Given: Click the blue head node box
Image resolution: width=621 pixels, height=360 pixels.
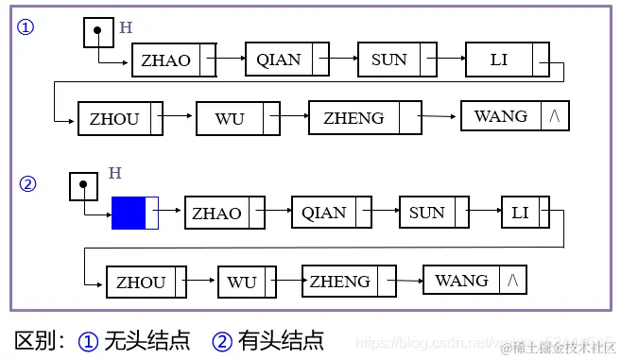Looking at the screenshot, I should click(129, 213).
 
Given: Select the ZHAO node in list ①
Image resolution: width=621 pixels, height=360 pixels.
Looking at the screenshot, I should click(166, 60).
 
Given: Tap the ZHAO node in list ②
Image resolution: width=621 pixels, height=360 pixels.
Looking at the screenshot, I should click(216, 213).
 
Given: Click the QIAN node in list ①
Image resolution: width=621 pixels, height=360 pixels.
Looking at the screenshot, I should click(279, 60).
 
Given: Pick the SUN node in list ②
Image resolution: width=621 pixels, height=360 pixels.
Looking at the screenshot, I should click(426, 213).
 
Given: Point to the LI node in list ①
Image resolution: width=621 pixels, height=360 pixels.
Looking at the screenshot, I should click(499, 60).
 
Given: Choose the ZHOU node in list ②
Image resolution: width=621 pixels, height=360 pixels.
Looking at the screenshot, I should click(141, 283).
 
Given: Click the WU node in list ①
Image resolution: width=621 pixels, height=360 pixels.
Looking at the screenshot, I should click(229, 118).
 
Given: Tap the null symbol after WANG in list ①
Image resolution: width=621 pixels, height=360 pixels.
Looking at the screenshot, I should click(555, 116).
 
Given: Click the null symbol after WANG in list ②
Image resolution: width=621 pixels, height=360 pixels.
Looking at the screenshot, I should click(513, 281).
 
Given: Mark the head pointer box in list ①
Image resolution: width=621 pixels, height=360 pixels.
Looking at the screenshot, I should click(98, 33).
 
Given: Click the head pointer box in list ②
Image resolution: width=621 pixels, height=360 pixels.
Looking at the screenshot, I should click(84, 185).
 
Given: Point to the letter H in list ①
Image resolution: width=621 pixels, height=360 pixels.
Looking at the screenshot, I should click(126, 27).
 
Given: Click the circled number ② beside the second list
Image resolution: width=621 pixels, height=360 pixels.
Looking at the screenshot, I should click(27, 184).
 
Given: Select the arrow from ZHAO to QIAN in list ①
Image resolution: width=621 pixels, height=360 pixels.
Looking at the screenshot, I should click(231, 60).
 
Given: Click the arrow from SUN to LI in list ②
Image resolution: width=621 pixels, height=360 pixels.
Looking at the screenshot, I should click(484, 213).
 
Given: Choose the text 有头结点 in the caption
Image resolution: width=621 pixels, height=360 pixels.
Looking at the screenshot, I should click(282, 339).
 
